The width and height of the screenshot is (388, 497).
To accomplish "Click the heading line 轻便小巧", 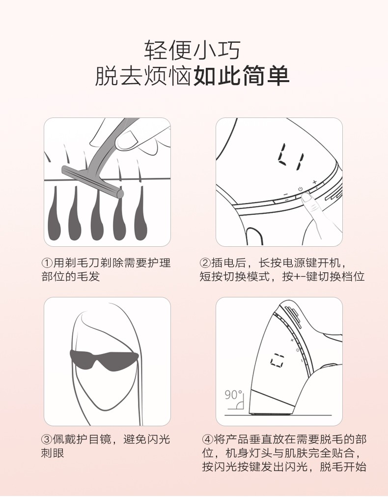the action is tap(192, 50).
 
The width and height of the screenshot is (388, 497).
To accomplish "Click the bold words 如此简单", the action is tap(241, 76).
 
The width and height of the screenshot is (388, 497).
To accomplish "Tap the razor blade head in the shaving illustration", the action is tap(92, 181).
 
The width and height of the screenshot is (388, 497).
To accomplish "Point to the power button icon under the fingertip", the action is tap(300, 189).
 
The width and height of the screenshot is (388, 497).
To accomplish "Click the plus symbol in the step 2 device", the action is tap(314, 182).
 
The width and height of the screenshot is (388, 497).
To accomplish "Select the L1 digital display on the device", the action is tap(291, 156).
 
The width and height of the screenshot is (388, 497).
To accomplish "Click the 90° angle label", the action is tap(233, 395).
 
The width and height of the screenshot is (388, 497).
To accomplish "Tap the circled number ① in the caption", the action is tap(47, 263).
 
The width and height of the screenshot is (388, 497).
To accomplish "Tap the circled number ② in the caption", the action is tap(205, 263).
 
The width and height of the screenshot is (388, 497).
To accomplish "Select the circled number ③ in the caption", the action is tap(47, 439).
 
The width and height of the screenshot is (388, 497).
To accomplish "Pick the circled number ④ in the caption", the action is tap(207, 439).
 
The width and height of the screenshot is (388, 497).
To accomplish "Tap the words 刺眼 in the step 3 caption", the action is tap(53, 453).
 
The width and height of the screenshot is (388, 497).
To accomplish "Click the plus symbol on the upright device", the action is tap(292, 340).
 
